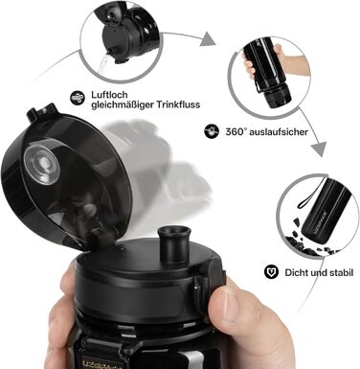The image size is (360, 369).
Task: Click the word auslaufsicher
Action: [281, 131]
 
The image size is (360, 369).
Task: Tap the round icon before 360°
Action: [212, 131]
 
